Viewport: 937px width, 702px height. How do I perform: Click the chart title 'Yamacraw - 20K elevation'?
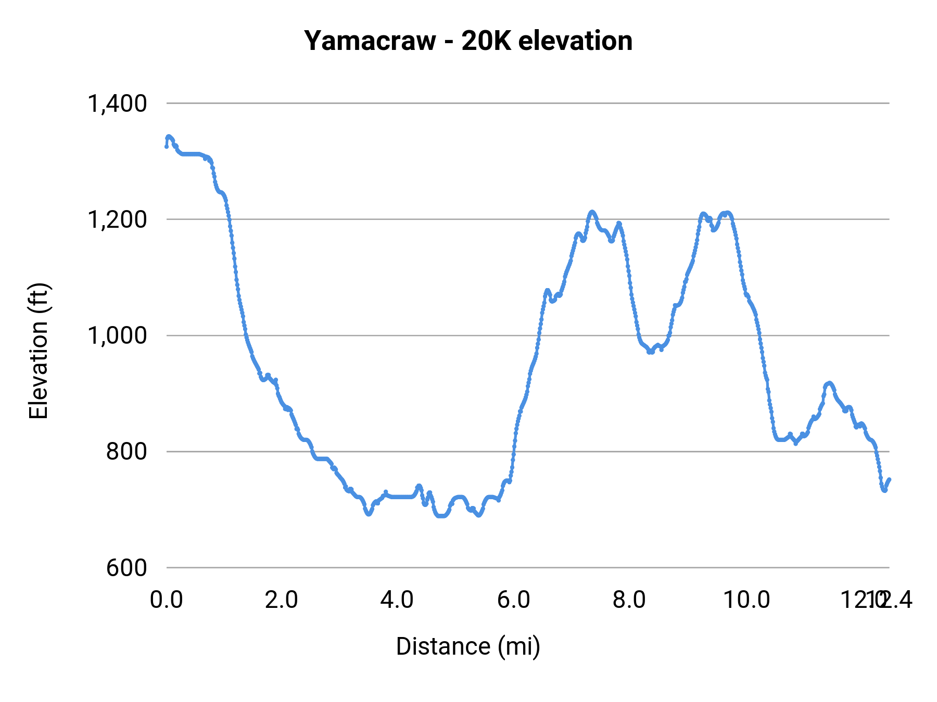(468, 41)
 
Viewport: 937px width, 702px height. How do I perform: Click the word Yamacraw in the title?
(370, 41)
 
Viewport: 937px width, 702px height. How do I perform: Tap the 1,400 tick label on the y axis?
(117, 103)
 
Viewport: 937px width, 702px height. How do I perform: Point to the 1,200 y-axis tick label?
(117, 219)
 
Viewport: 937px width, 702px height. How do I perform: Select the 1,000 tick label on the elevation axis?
(117, 335)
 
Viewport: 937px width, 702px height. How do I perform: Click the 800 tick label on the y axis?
(126, 451)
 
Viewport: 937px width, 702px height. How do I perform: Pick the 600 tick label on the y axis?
(126, 567)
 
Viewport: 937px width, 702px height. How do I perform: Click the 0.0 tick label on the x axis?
(166, 600)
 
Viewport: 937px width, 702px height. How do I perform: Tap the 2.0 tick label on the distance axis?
(281, 600)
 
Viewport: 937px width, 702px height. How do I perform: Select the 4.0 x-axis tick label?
(397, 600)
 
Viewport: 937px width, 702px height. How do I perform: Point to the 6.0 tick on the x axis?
(513, 600)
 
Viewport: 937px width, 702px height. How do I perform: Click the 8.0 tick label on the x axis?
(629, 600)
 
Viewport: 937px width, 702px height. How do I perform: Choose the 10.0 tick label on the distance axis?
(746, 600)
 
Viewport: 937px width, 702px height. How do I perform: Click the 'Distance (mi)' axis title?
(468, 646)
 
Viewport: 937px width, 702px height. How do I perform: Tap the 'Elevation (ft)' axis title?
(39, 352)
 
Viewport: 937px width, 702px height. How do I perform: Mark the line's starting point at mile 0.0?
(167, 147)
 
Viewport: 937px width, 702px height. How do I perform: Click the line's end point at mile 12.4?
(889, 479)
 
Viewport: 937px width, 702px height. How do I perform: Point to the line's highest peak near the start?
(168, 136)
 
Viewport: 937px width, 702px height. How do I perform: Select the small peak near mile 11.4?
(829, 383)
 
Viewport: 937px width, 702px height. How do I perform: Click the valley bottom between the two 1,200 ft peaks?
(651, 352)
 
